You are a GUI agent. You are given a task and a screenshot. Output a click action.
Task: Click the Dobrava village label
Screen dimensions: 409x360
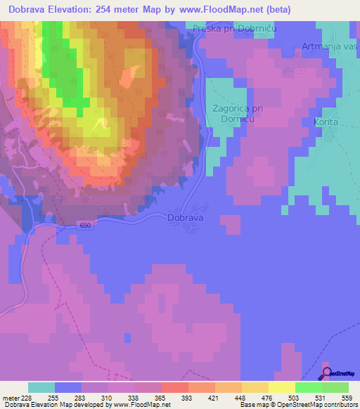(186, 219)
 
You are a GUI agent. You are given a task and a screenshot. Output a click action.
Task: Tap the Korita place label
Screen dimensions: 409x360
(326, 122)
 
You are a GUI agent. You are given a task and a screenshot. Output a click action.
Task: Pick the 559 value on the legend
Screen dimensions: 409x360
(346, 398)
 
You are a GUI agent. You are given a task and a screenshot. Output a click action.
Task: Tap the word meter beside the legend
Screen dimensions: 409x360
(10, 398)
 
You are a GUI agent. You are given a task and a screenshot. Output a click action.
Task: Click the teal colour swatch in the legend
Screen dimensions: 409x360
(41, 387)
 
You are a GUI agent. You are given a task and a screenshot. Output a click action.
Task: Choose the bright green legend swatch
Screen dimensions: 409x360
(309, 387)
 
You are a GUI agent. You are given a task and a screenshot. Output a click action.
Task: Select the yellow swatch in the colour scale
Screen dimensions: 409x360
(282, 387)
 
